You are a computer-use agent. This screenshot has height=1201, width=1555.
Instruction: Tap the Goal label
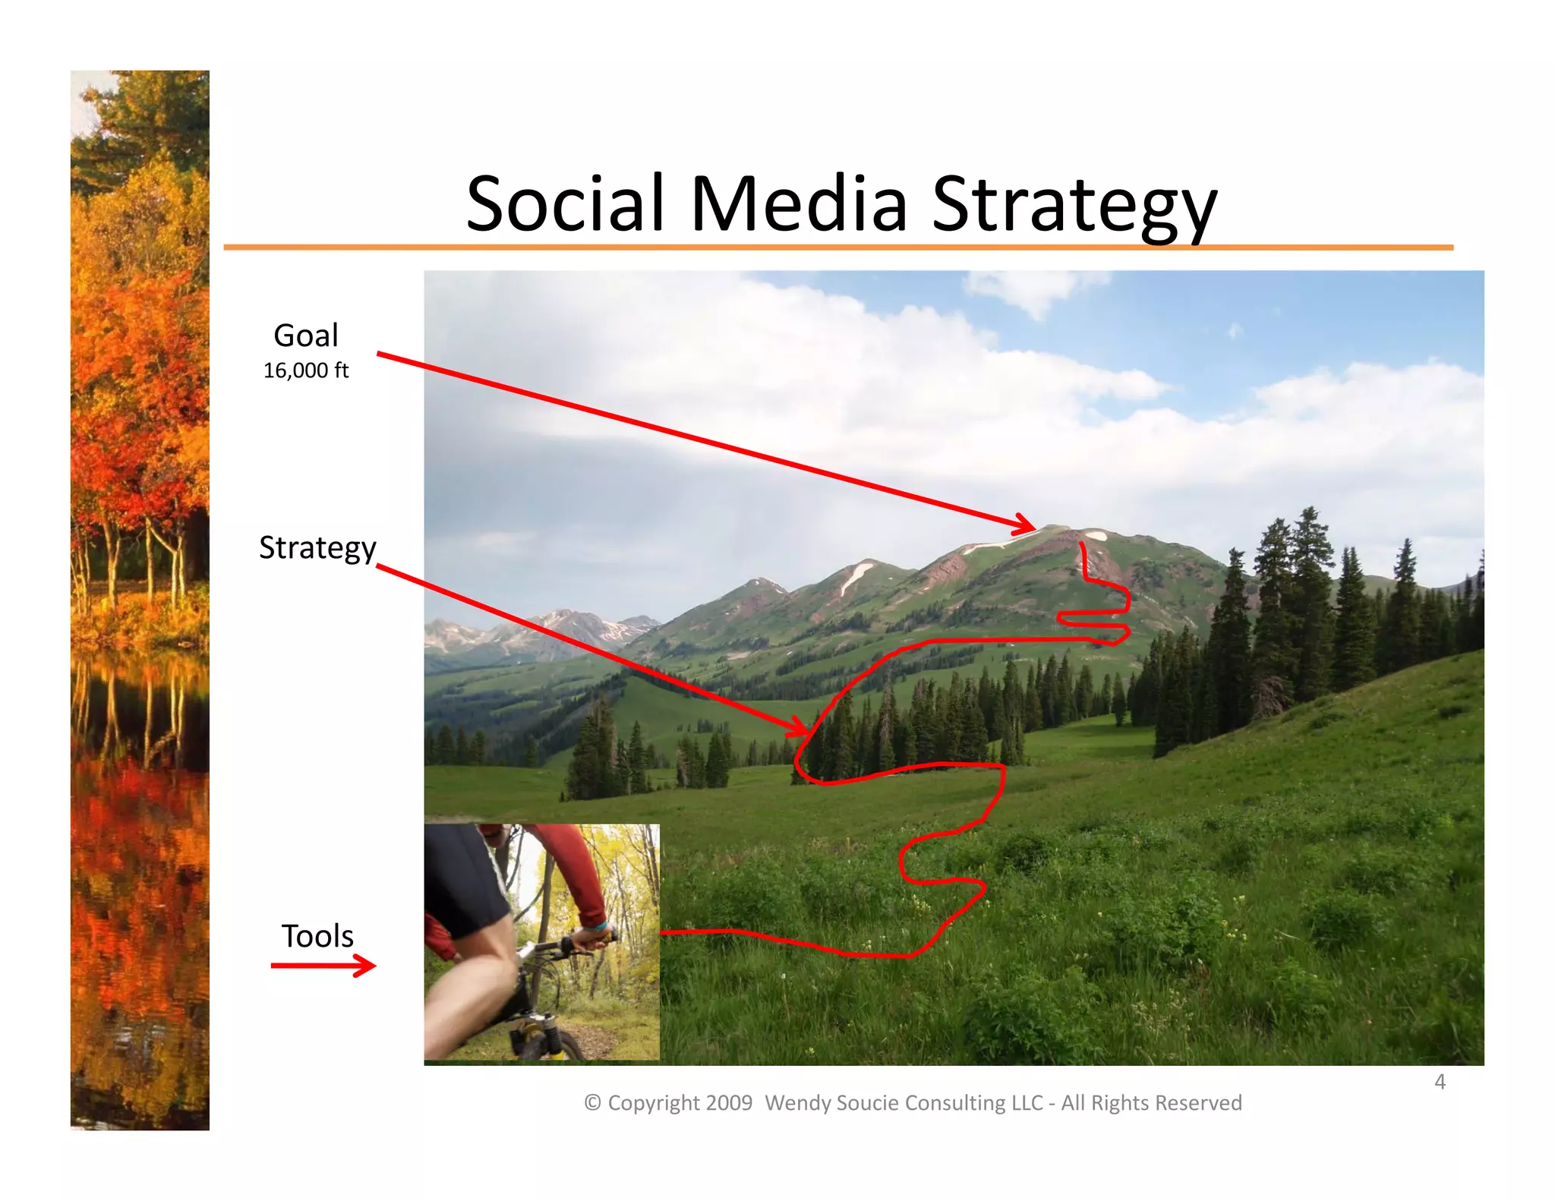point(305,336)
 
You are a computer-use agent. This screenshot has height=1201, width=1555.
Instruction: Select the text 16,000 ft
point(305,370)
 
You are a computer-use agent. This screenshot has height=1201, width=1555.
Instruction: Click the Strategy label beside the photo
point(317,548)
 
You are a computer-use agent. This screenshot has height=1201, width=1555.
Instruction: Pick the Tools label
point(317,936)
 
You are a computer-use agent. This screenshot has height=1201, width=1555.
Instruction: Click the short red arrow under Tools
point(323,966)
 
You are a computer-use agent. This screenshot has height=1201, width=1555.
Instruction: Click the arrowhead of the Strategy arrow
point(801,729)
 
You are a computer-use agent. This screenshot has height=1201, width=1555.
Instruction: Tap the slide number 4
point(1440,1082)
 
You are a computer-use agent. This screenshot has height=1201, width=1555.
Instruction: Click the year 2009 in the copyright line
point(728,1103)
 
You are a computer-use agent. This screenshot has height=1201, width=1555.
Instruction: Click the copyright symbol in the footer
point(592,1103)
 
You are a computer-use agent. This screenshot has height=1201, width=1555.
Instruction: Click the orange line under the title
point(835,247)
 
